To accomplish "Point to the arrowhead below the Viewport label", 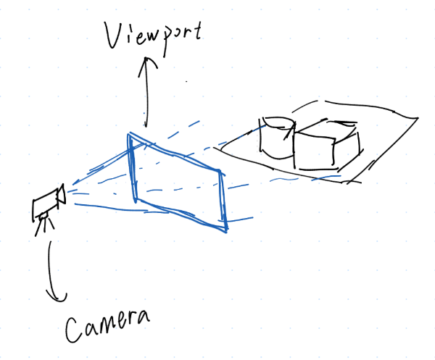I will tap(147, 62).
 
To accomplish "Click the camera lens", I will tap(62, 194).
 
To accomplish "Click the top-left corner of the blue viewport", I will tap(130, 134).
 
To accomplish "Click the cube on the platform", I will tap(326, 148).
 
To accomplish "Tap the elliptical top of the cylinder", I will tap(278, 121).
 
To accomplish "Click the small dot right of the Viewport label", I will tap(187, 82).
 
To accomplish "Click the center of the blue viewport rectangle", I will tap(178, 183).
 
